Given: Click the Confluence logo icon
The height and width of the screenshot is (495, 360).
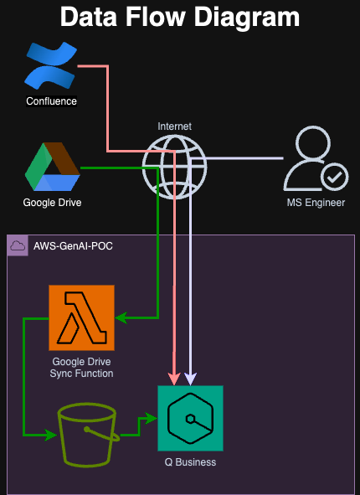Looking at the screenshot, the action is click(51, 65).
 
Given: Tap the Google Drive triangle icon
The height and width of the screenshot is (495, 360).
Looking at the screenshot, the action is click(53, 167).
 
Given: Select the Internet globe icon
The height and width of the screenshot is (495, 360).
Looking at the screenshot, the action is click(174, 167).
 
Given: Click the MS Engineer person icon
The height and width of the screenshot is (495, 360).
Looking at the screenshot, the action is click(316, 158).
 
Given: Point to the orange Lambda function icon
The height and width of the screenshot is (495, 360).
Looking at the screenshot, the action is click(81, 317).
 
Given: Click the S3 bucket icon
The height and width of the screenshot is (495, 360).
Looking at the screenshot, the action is click(88, 435).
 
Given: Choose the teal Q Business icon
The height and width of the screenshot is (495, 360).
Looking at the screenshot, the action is click(191, 418).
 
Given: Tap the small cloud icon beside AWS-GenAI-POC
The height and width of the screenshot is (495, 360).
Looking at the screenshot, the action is click(18, 245).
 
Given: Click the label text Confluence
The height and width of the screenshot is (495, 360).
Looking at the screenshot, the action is click(51, 101).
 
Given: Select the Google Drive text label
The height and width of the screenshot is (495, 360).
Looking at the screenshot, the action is click(53, 203).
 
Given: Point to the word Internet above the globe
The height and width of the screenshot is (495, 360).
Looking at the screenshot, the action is click(174, 126).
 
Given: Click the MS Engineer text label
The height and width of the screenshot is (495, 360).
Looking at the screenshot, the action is click(316, 203).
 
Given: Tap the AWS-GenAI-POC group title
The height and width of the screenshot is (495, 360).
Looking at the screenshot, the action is click(73, 246).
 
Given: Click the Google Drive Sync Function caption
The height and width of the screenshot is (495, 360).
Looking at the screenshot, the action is click(81, 368).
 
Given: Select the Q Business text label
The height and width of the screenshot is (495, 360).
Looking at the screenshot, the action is click(190, 462).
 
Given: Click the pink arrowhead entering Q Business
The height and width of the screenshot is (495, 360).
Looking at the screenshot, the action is click(174, 379).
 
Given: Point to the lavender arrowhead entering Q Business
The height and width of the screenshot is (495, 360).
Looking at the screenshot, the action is click(190, 379).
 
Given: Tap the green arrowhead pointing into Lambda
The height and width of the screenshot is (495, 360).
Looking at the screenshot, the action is click(121, 317).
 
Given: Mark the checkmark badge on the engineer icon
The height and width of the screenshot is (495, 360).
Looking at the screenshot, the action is click(334, 177).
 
